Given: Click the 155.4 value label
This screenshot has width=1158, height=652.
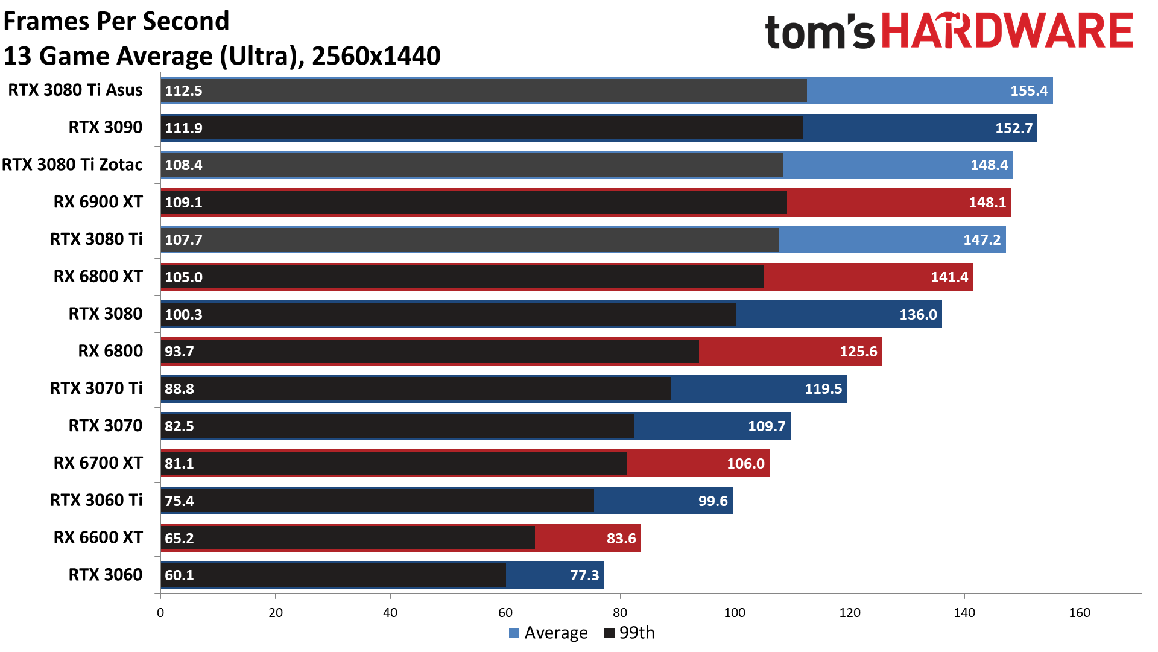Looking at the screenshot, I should coord(1028,91).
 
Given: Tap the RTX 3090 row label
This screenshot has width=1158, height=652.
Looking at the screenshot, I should coord(106,127).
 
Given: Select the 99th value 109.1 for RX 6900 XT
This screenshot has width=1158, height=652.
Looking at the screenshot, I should coord(183,202).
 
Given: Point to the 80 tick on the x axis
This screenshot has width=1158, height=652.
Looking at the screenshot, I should coord(620,613).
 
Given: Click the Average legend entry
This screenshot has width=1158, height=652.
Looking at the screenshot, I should coord(548,633).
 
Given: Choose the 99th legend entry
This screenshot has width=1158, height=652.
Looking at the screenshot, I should coord(629,633).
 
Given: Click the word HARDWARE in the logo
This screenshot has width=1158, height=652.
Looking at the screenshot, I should coord(1007,31).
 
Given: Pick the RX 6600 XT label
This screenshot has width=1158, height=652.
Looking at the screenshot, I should coord(98,537).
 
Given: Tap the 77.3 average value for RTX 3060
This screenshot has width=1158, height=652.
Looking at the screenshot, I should coord(584,575).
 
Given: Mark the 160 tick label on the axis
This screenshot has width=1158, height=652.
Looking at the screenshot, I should coord(1080,613).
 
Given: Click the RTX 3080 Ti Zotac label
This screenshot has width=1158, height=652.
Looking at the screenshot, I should coord(72,165).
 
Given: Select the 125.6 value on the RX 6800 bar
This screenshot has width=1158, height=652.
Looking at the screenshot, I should coord(858,352).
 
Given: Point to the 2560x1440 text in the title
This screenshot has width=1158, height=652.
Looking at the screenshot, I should coord(376,56).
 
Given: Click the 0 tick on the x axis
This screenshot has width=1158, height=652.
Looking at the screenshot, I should coord(160,613).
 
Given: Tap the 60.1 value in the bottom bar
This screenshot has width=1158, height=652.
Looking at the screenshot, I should coord(179,575).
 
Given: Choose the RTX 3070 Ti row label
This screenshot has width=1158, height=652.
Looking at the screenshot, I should coord(96,388).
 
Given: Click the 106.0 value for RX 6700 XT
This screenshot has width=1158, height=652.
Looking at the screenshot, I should coord(745,464).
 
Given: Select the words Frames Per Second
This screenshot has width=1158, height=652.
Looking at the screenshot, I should coord(116,21).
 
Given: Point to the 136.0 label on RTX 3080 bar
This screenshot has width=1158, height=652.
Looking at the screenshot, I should coord(918,315).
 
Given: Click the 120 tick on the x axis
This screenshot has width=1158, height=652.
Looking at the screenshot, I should coord(850,613).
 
